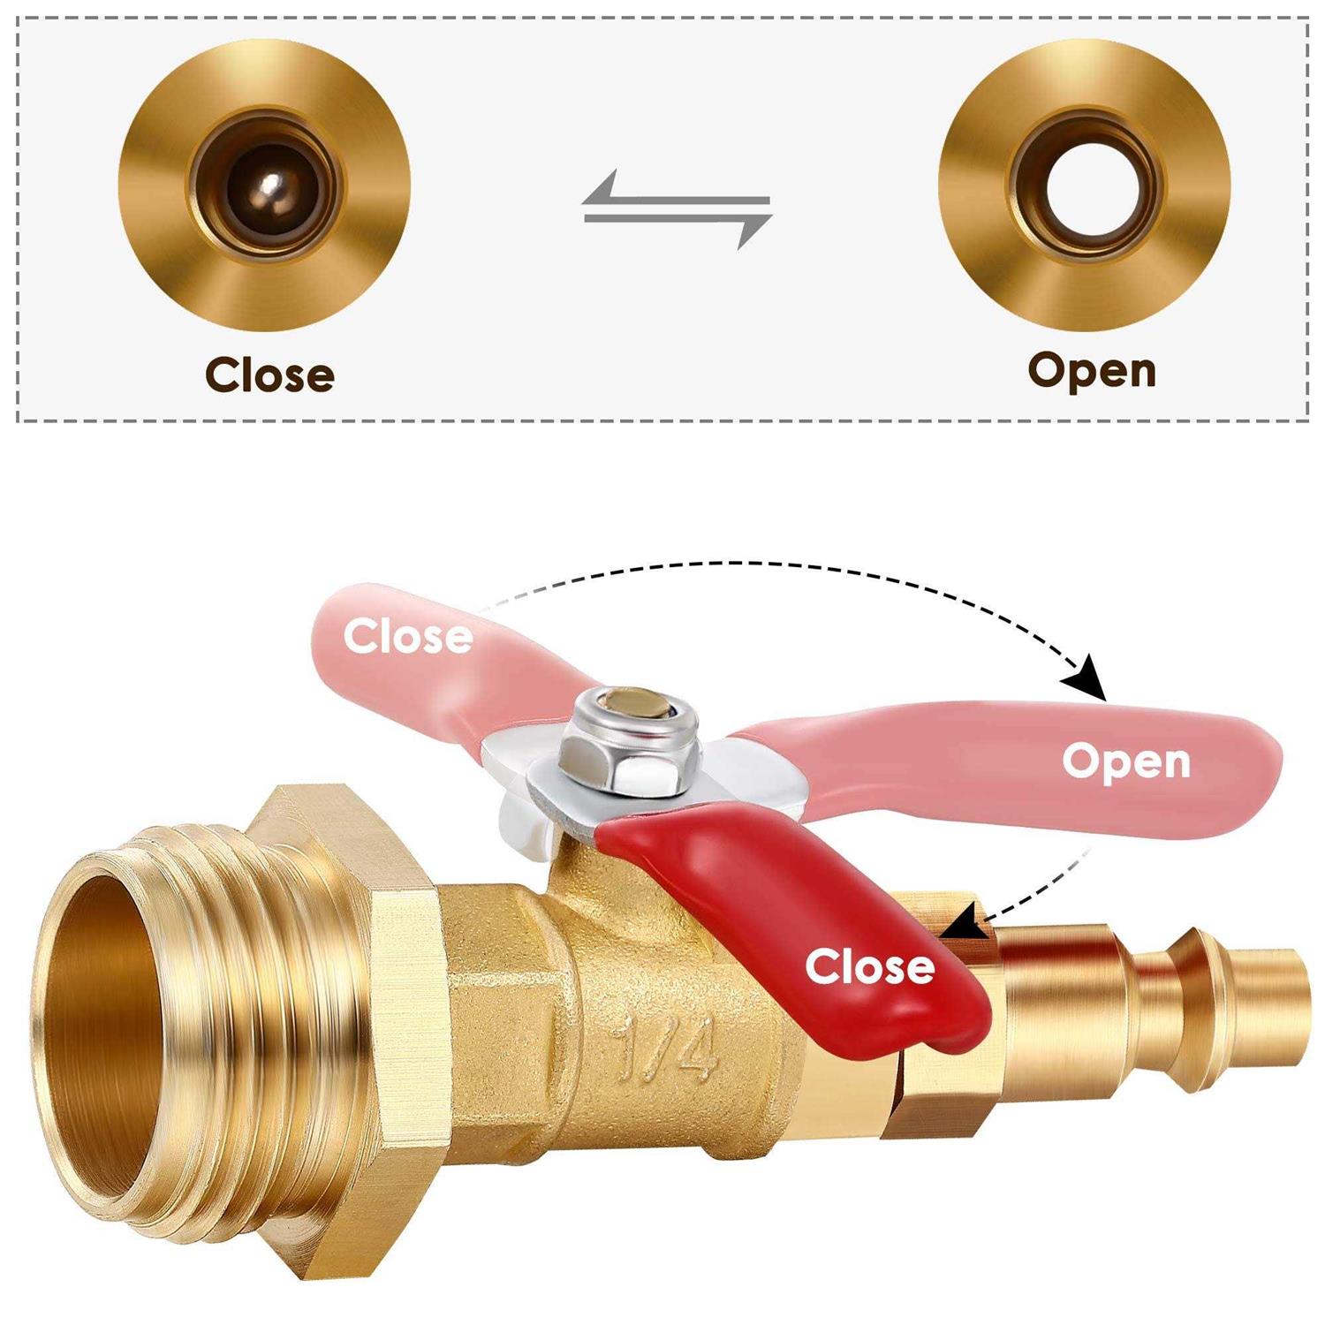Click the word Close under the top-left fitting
(269, 375)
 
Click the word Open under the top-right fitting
(1092, 370)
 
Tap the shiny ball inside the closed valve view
(269, 186)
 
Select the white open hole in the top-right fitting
(1085, 185)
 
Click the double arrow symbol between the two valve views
(677, 210)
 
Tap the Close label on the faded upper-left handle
(407, 636)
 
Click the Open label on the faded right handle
(1126, 761)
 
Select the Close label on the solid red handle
(869, 966)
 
